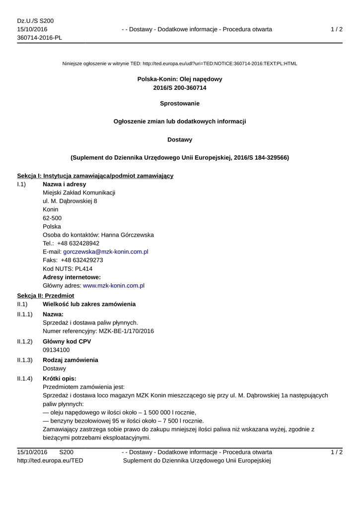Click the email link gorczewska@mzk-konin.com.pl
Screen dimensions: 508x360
(x=105, y=252)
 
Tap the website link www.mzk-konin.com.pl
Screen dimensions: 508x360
(x=113, y=286)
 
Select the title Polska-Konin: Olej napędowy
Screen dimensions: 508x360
(x=180, y=79)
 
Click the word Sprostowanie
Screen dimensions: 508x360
(x=180, y=103)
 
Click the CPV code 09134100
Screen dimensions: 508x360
(x=56, y=350)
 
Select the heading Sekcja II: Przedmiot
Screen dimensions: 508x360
(x=45, y=295)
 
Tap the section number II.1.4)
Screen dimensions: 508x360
(x=25, y=379)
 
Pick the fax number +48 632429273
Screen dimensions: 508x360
(x=82, y=260)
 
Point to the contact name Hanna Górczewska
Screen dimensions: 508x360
(x=127, y=235)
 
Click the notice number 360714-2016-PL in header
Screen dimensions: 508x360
(x=40, y=38)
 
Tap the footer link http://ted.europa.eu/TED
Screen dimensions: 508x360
(x=50, y=460)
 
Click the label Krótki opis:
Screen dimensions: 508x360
(x=60, y=379)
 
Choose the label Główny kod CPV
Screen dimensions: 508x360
(x=67, y=341)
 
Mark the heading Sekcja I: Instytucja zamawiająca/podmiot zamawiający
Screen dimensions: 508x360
(x=95, y=176)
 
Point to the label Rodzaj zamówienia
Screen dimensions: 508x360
(x=70, y=360)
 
